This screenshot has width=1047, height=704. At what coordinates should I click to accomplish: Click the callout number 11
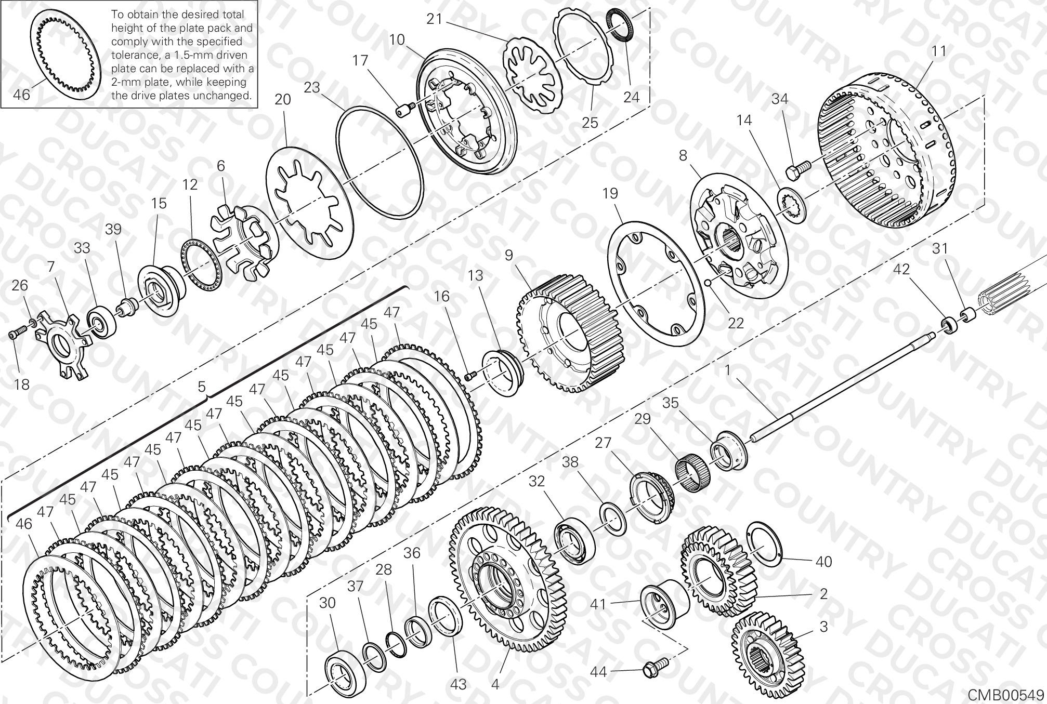point(939,51)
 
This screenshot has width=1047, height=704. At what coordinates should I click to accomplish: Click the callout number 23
point(312,87)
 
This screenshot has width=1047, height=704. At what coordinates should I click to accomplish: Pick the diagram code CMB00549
point(1005,695)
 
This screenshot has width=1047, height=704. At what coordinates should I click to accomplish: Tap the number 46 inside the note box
point(22,95)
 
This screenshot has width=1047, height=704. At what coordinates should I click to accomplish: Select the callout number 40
point(824,561)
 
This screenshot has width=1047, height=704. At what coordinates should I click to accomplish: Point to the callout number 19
point(610,193)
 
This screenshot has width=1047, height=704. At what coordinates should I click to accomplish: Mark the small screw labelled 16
point(471,375)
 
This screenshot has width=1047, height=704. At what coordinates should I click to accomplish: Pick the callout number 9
point(508,255)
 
